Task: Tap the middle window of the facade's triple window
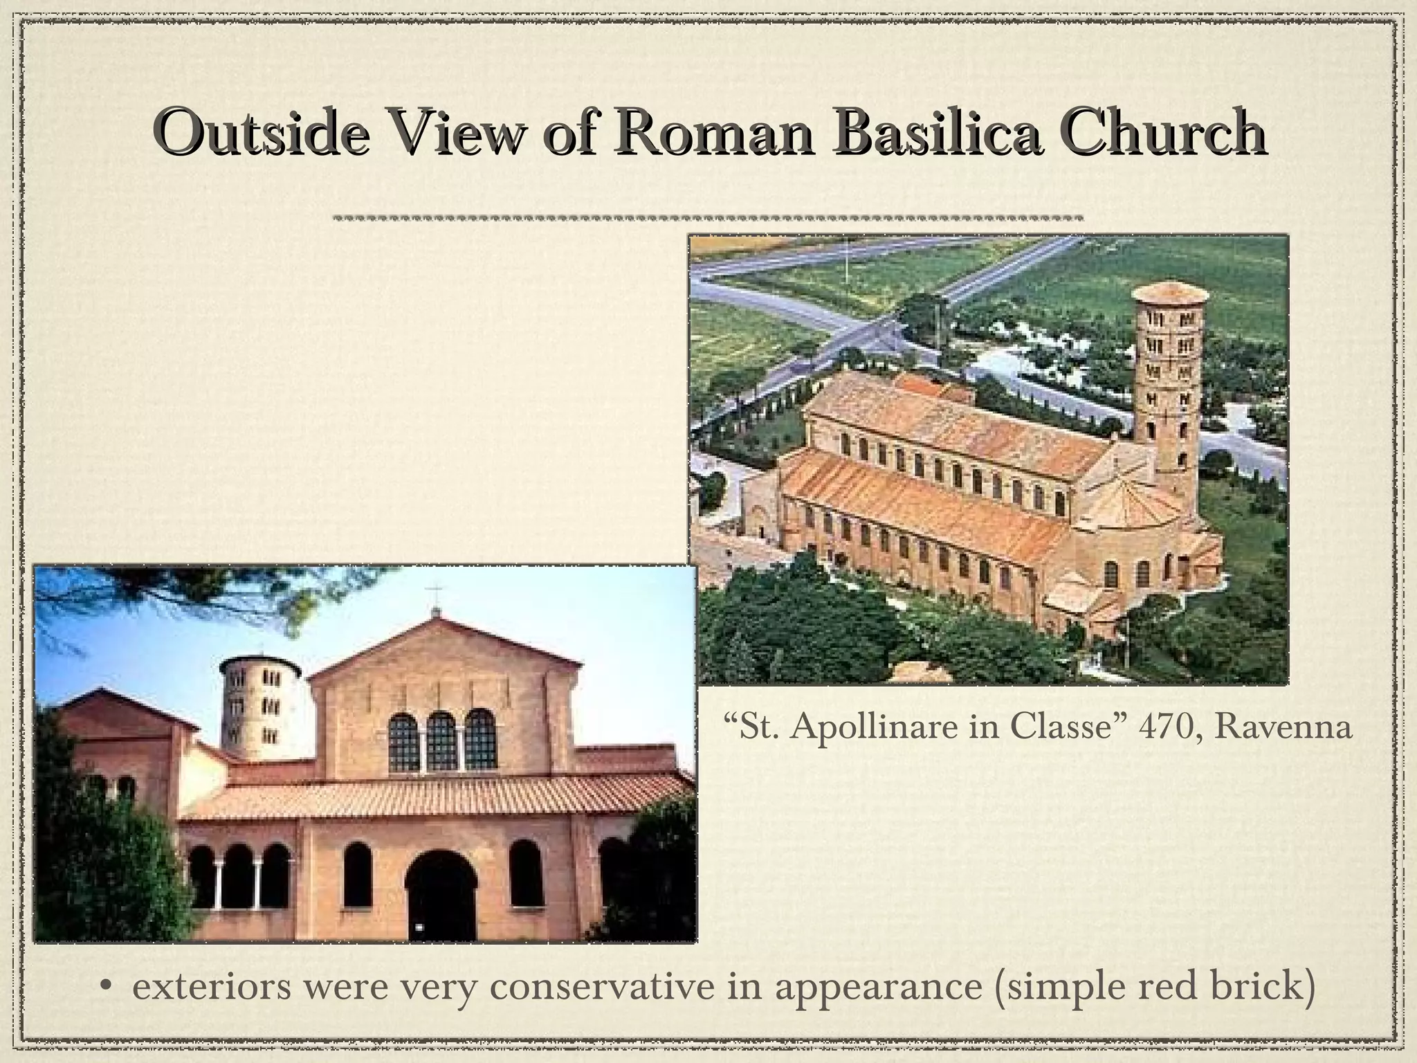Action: [441, 743]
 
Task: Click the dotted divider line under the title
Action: [707, 217]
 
